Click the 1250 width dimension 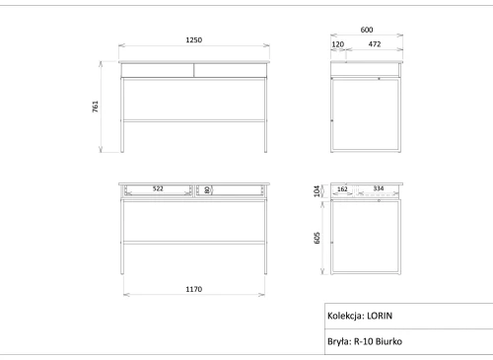pos(194,40)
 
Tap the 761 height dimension pos(96,107)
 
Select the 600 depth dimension pos(367,30)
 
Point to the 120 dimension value pos(338,44)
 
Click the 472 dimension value pos(375,44)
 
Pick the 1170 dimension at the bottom pos(194,289)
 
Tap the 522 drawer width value pos(158,188)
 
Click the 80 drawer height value pos(207,189)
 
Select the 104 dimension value pos(317,191)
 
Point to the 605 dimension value pos(317,238)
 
